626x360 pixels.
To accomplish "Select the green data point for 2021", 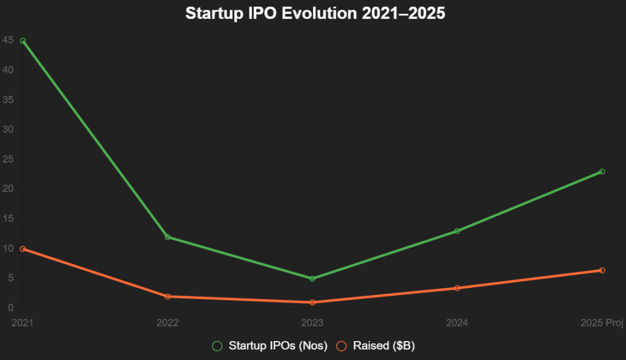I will click(x=23, y=41).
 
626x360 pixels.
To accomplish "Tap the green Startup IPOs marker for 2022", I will click(x=168, y=237).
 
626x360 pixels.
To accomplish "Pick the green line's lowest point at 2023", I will click(x=312, y=279).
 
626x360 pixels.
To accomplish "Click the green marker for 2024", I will click(x=457, y=231).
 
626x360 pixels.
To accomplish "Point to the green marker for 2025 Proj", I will click(x=602, y=172).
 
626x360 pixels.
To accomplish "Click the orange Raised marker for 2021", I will click(x=23, y=249).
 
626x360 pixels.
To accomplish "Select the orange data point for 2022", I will click(x=168, y=296).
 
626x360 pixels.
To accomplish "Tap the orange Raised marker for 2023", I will click(x=312, y=303).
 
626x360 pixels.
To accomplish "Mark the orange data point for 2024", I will click(x=457, y=288).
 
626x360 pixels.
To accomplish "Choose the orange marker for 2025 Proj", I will click(x=602, y=270).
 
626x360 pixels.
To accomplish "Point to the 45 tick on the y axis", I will click(x=7, y=40).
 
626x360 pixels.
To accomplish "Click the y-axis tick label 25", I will click(x=7, y=160).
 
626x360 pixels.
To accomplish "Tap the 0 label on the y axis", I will click(x=10, y=309).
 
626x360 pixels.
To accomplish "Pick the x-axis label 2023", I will click(x=312, y=323).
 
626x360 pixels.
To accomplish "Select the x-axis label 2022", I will click(x=168, y=323).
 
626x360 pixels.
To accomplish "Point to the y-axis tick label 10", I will click(x=7, y=249).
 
